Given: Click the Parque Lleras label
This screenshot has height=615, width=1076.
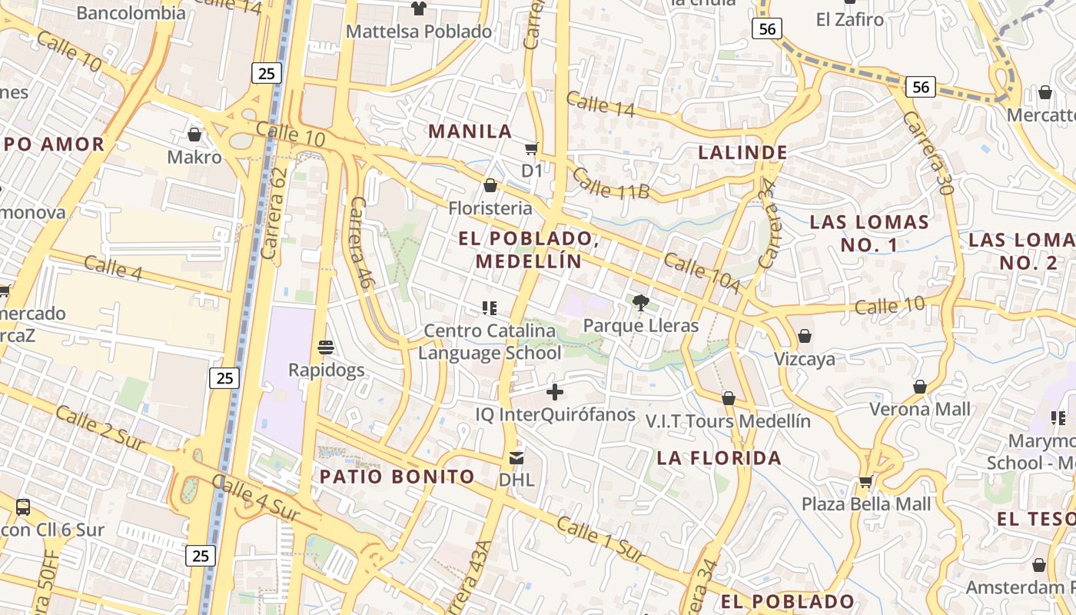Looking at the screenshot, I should click(x=641, y=325).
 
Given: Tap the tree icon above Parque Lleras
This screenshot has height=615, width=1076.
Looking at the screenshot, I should click(x=641, y=303).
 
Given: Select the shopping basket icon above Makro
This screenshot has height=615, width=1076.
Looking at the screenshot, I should click(x=194, y=135).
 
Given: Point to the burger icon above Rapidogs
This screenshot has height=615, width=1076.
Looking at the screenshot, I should click(x=326, y=347).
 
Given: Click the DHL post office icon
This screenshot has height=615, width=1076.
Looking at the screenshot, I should click(x=516, y=458).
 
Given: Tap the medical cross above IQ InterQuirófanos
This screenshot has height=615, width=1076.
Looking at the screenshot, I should click(x=554, y=392).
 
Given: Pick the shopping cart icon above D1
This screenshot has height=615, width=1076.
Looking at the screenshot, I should click(x=531, y=148).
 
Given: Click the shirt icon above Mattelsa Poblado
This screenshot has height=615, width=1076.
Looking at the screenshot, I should click(x=419, y=8).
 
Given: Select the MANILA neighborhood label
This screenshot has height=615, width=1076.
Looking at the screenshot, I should click(x=470, y=131).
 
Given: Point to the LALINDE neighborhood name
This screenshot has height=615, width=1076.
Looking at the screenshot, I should click(x=742, y=152).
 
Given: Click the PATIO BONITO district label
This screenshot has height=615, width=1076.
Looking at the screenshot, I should click(x=397, y=477).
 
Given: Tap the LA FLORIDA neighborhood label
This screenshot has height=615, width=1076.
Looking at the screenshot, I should click(x=719, y=458).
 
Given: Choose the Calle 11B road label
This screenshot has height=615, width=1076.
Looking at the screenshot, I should click(x=611, y=184).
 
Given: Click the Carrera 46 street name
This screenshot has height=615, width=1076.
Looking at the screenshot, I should click(x=360, y=242).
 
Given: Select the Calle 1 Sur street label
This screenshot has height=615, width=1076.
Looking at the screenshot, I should click(x=599, y=539).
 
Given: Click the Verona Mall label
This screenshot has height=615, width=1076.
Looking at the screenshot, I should click(x=920, y=409).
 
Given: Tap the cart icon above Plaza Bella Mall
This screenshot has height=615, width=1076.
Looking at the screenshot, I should click(x=866, y=482).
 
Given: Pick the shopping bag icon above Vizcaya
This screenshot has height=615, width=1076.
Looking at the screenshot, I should click(x=805, y=336).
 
